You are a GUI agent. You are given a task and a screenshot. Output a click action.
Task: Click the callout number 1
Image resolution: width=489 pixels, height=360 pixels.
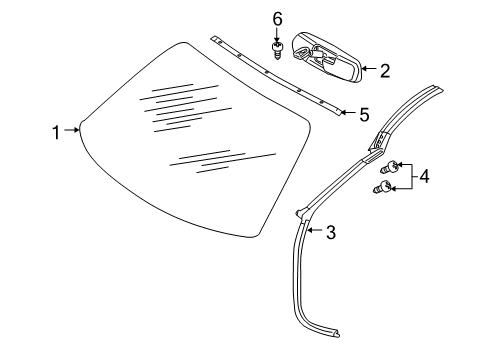click(58, 129)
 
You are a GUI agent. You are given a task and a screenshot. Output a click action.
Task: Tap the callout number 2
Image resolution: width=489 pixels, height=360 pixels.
click(384, 69)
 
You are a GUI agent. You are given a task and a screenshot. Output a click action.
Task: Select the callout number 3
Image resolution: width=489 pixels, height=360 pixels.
click(329, 233)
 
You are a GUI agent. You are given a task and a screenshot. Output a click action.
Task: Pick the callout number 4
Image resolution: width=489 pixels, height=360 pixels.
click(424, 177)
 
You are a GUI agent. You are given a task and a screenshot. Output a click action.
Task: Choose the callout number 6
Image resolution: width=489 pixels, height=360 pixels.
click(277, 18)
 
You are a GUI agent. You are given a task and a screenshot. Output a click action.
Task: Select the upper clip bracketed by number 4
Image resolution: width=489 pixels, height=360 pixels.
click(396, 166)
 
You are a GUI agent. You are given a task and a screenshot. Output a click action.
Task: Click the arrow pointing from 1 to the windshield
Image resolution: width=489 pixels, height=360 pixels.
click(72, 129)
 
